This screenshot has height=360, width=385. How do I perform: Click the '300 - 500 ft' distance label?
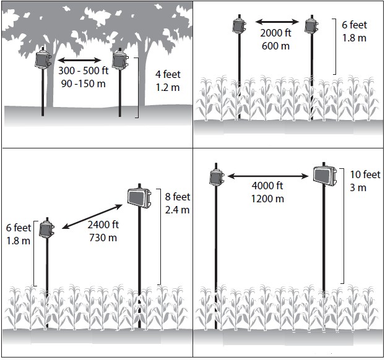point(83,71)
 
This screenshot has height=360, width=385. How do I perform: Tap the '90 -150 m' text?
point(83,84)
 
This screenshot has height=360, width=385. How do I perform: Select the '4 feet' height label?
point(168,74)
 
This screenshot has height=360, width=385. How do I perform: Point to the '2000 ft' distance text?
point(275,33)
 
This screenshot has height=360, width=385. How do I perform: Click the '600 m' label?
point(275,46)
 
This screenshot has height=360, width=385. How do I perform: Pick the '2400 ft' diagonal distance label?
point(103,225)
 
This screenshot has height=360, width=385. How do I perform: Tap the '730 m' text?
point(103,238)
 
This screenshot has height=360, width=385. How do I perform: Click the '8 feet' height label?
point(178,197)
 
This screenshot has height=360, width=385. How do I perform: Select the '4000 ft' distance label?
point(267,186)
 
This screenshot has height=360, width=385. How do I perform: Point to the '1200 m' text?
point(267,199)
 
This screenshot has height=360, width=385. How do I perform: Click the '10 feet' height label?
point(365,174)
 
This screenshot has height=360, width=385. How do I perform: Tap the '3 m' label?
point(358,188)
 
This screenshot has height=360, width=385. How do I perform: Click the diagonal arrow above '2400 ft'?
point(92,216)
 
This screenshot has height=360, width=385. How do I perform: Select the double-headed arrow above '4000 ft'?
point(268,176)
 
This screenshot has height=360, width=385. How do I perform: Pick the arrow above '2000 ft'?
point(277,22)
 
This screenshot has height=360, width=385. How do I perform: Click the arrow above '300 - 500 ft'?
point(79,60)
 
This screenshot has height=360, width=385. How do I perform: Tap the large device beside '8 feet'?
point(139,198)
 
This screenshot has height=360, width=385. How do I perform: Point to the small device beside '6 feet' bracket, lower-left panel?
point(46,229)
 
